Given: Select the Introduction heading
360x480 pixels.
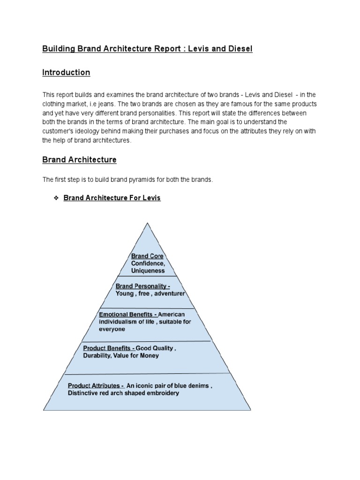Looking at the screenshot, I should click(x=66, y=73).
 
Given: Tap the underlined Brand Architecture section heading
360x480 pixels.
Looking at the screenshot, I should click(x=79, y=160).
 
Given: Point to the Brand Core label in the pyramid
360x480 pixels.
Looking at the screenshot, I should click(x=147, y=256).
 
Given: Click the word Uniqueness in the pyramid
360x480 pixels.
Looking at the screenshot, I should click(x=148, y=270).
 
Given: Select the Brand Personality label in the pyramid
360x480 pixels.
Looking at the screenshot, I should click(x=142, y=286).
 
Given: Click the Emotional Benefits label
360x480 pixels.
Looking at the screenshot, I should click(x=127, y=314).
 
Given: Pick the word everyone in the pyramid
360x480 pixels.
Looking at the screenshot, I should click(x=112, y=329).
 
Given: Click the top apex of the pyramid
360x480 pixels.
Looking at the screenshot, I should click(x=148, y=223).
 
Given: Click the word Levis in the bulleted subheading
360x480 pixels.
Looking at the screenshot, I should click(x=151, y=198).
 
